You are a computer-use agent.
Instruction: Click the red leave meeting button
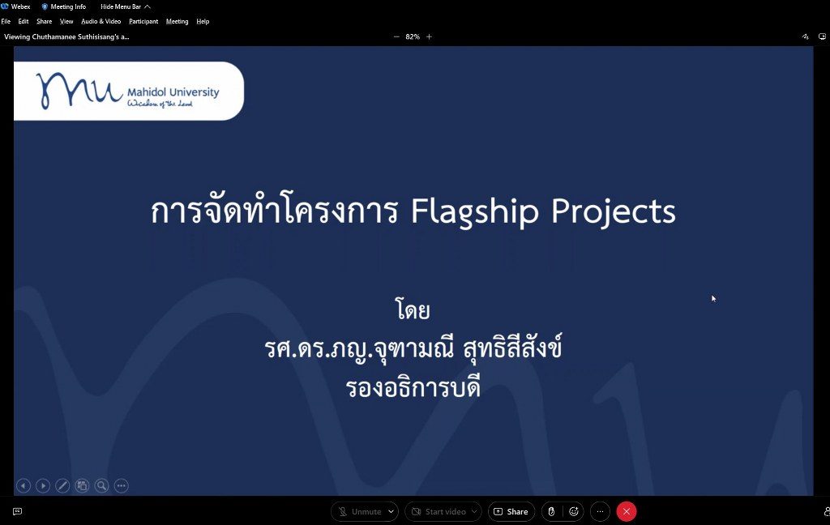tap(627, 511)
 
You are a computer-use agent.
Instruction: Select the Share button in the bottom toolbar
tap(511, 511)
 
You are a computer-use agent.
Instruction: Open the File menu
tap(6, 21)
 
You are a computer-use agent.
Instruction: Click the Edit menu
tap(24, 21)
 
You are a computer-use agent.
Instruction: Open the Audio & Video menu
tap(101, 21)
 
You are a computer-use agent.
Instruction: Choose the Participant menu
tap(143, 21)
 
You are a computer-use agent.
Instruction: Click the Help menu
tap(203, 21)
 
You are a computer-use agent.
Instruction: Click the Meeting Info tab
tap(63, 6)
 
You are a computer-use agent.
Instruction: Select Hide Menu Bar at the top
tap(126, 6)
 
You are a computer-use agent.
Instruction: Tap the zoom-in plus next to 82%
tap(430, 36)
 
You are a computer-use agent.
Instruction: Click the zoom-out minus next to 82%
tap(396, 36)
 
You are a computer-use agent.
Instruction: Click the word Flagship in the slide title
tap(475, 211)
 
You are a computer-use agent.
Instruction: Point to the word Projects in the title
tap(614, 211)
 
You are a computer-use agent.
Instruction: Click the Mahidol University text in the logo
tap(173, 92)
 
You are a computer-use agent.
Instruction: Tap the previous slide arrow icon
tap(24, 485)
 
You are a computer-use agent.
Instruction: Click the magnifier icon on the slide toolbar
tap(101, 485)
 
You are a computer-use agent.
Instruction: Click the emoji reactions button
tap(574, 511)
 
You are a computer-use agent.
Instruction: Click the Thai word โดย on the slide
tap(413, 309)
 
